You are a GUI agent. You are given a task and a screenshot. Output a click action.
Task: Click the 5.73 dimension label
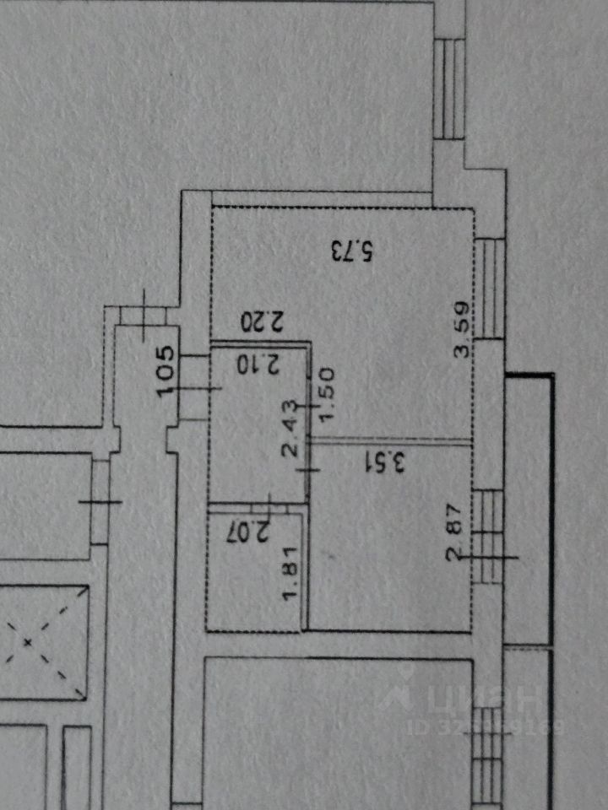[x=351, y=251]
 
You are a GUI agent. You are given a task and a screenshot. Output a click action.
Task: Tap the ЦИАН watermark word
[x=486, y=699]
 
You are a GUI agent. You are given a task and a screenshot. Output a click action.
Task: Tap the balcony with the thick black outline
[x=530, y=506]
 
